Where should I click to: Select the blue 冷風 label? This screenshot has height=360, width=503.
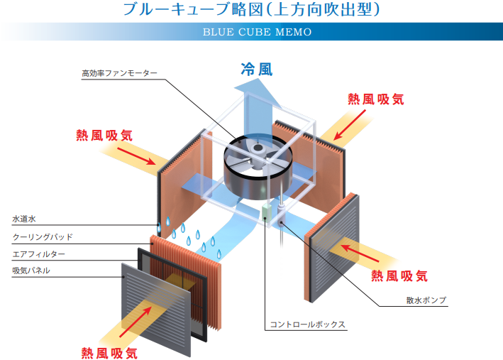pos(256,70)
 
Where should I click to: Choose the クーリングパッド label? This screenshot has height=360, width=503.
pos(43,236)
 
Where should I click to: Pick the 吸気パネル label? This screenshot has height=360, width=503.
pos(31,271)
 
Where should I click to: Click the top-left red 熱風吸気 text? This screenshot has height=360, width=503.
pos(104,134)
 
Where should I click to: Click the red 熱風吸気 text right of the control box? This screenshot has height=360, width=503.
pos(399,275)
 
